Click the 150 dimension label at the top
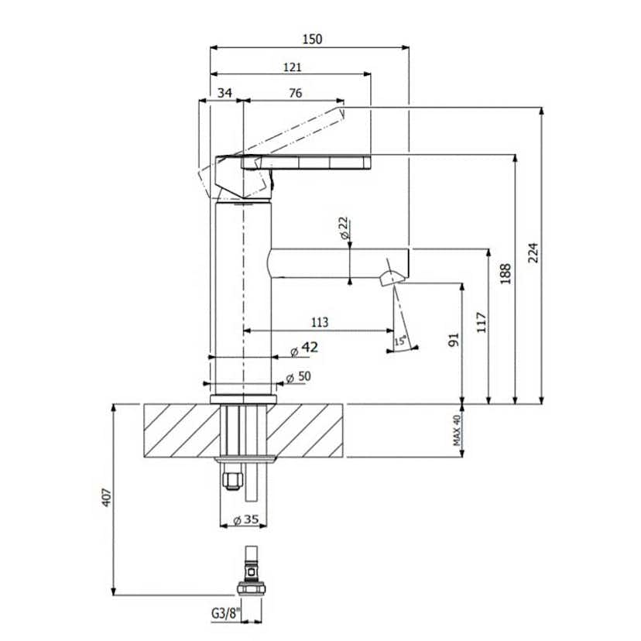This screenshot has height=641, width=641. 312,39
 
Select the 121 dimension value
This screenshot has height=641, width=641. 293,67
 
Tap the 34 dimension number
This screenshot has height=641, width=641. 225,93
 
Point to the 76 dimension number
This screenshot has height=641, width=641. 295,93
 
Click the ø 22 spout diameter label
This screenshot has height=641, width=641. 344,228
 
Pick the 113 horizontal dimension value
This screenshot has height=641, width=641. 320,322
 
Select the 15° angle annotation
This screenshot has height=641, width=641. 400,341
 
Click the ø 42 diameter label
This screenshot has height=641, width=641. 304,348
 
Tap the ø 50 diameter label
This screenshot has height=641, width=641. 298,377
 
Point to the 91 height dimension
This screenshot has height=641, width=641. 454,340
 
